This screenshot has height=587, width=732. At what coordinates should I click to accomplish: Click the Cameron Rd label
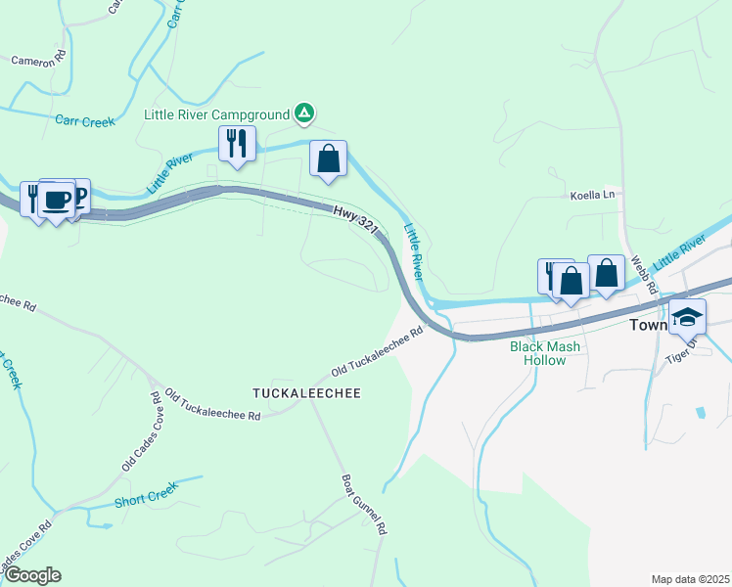pos(37,60)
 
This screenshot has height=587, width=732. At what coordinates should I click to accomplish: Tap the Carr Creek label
pos(85,121)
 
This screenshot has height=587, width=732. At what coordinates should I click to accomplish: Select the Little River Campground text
pos(216,114)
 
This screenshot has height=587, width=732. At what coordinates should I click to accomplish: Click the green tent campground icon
pos(304,114)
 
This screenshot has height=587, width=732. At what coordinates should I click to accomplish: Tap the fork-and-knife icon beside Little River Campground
pos(237,144)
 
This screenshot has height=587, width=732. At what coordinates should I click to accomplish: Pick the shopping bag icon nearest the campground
pos(329,159)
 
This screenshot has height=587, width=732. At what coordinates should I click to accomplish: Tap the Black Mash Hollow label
pos(545,353)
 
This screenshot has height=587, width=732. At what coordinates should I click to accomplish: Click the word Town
pos(648,325)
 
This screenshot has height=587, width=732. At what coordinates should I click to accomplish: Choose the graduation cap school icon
pos(688,317)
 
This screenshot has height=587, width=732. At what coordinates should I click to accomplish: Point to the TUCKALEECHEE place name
pos(307,393)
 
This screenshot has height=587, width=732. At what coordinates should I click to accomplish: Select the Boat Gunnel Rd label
pos(363,506)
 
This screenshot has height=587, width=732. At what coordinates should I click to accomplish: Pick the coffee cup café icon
pos(57,200)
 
